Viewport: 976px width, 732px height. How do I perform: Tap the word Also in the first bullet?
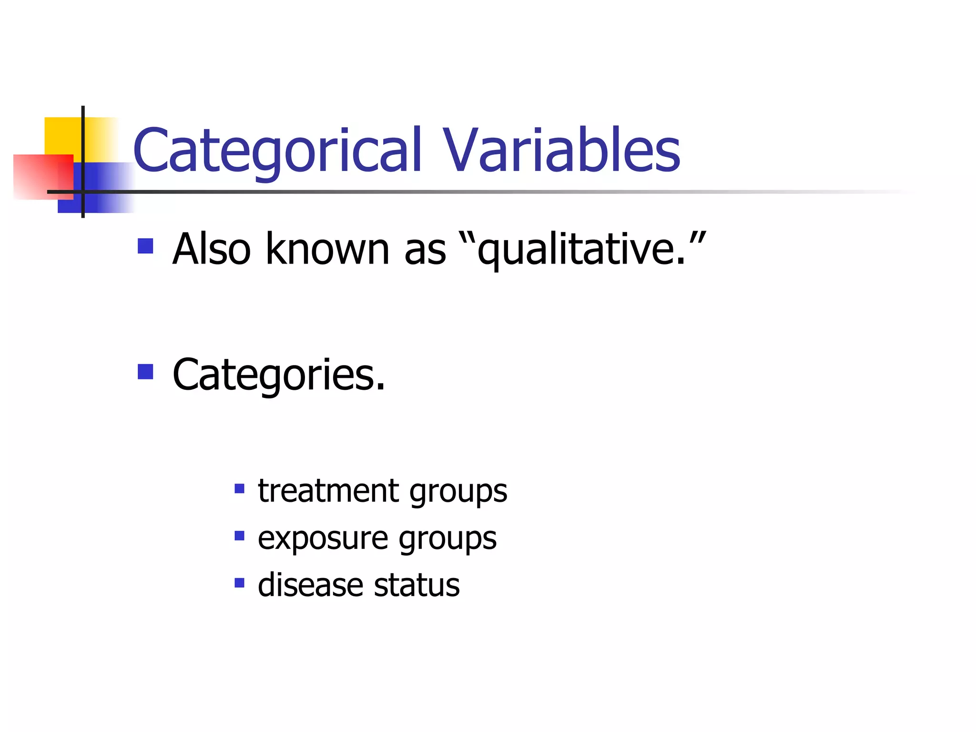tap(211, 249)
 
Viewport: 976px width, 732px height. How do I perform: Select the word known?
tap(327, 249)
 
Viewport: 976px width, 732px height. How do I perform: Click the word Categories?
tap(279, 376)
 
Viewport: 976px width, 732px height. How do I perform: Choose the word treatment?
tap(328, 491)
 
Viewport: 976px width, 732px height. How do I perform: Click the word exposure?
tap(323, 539)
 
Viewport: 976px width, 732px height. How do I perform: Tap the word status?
tap(417, 585)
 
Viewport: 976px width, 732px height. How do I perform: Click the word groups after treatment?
tap(458, 493)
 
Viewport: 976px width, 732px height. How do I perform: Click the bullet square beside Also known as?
tap(145, 246)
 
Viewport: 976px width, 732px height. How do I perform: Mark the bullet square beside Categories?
tap(145, 372)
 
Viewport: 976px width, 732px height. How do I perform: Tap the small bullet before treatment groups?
tap(239, 488)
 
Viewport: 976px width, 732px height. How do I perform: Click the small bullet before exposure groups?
tap(239, 536)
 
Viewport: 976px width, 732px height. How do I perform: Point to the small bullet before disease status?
tap(239, 582)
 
